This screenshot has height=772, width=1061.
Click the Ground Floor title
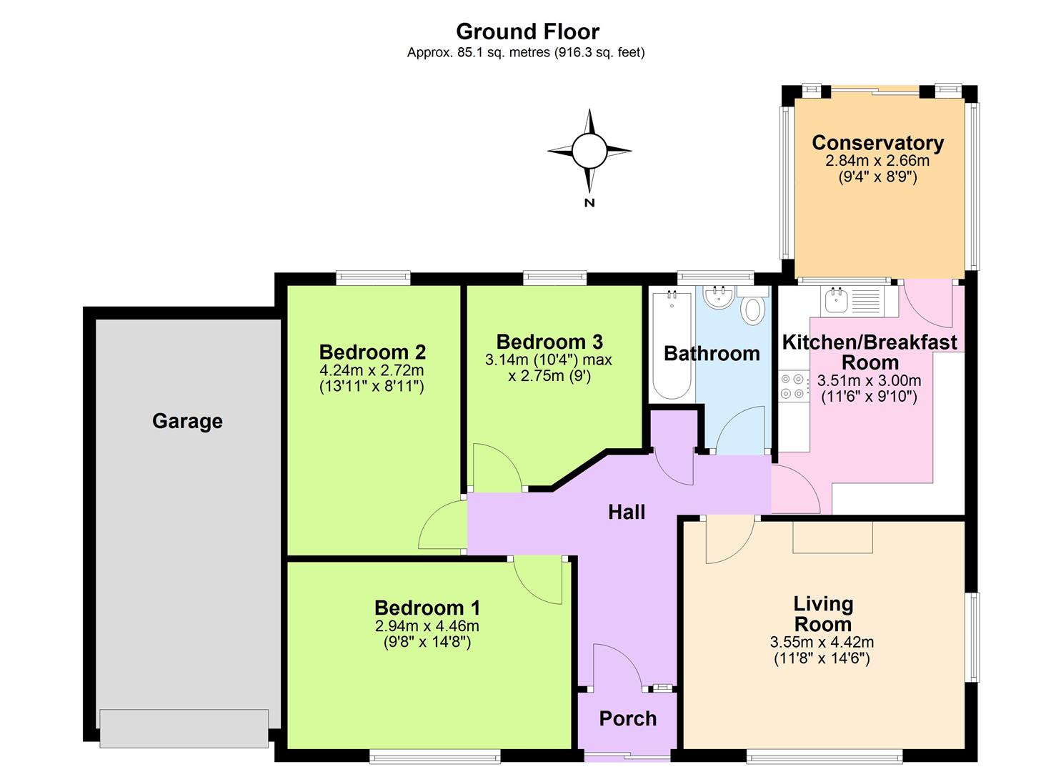tap(527, 31)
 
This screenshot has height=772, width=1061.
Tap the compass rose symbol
tap(589, 151)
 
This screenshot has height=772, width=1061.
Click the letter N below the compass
tap(589, 203)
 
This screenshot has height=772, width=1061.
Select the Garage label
tap(187, 421)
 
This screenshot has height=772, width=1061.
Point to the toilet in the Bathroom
tap(752, 310)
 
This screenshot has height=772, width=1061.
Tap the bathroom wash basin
tap(717, 298)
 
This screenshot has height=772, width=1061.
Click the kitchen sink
tap(836, 300)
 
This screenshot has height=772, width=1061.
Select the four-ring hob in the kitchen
tap(792, 386)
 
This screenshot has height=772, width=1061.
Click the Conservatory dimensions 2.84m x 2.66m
tap(877, 161)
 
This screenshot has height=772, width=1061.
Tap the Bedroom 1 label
tap(427, 608)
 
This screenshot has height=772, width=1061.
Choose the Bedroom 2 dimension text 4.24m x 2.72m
tap(372, 370)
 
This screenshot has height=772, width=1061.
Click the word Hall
tap(626, 512)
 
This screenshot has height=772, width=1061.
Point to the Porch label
tap(627, 718)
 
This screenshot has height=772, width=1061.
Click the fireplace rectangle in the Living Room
tap(832, 536)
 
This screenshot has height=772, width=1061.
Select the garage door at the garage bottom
tap(184, 728)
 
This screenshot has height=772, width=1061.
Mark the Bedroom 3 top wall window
tap(554, 277)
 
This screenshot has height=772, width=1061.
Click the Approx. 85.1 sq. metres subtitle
tap(526, 52)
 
